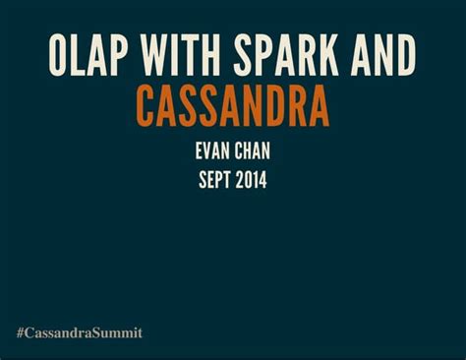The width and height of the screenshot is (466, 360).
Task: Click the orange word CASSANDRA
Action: pyautogui.click(x=232, y=106)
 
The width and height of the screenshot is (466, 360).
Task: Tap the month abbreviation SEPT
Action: pyautogui.click(x=215, y=180)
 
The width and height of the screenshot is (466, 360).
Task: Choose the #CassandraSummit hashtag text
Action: pyautogui.click(x=80, y=332)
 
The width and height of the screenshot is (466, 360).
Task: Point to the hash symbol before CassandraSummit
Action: pyautogui.click(x=21, y=332)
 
